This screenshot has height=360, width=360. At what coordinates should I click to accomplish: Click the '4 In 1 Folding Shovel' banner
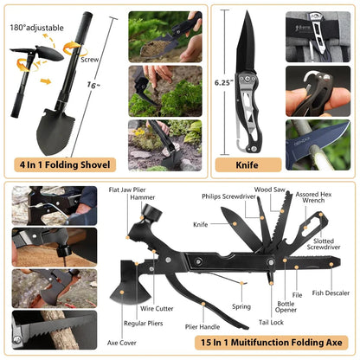[x=65, y=164]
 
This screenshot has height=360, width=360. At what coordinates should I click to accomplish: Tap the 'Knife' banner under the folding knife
[x=248, y=165]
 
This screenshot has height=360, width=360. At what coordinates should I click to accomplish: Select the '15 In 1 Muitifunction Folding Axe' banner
[x=272, y=343]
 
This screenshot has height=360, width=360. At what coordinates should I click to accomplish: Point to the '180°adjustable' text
[x=36, y=28]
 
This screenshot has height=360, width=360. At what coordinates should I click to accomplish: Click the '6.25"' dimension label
[x=224, y=82]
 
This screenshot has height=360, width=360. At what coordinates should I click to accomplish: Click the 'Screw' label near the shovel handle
[x=90, y=60]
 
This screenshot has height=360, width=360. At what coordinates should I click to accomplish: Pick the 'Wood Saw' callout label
[x=270, y=190]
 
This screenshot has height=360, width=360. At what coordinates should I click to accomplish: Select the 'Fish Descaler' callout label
[x=331, y=293]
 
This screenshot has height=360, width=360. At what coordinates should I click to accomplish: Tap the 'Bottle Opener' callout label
[x=286, y=306]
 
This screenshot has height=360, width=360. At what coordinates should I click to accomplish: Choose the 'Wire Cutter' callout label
[x=157, y=308]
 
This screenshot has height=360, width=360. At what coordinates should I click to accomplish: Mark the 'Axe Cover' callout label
[x=121, y=343]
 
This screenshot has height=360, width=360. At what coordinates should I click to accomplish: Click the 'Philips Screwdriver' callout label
[x=228, y=196]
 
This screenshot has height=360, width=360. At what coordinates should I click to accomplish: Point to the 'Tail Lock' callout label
[x=271, y=322]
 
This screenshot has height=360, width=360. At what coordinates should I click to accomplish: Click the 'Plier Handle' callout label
[x=202, y=327]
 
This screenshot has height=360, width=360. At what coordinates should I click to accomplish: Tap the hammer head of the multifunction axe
[x=151, y=213]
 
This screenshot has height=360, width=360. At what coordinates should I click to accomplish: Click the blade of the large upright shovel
[x=55, y=132]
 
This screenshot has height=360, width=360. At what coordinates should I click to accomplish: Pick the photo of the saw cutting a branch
[x=55, y=330]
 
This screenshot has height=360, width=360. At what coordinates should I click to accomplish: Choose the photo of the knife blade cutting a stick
[x=318, y=145]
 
